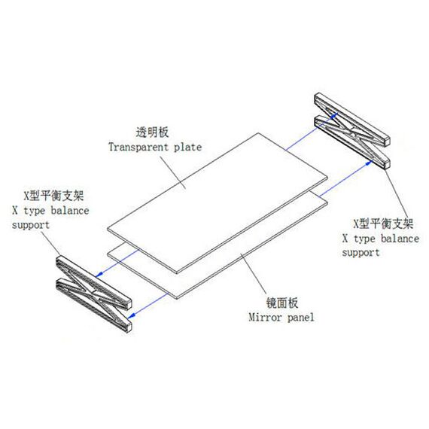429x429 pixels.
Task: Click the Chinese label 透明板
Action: tap(152, 132)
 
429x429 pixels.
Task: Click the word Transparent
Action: tap(138, 147)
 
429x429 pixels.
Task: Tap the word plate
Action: tap(187, 147)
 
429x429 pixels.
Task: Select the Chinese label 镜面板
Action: tap(282, 303)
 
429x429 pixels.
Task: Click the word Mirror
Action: tap(265, 318)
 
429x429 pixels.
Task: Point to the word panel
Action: tap(300, 318)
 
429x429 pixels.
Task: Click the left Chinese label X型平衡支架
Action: tap(53, 196)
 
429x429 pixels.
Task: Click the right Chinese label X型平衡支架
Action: tap(383, 224)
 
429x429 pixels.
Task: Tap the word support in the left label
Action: tap(31, 226)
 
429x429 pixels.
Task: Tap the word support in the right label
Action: tap(361, 253)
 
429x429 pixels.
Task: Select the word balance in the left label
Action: tap(70, 211)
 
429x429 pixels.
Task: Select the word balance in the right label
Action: tap(400, 239)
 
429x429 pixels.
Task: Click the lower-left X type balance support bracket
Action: tap(94, 294)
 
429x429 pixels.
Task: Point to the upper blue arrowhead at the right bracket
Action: tap(333, 115)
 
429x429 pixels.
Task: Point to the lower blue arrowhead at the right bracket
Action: tap(369, 163)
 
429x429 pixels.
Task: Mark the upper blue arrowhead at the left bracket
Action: tap(99, 274)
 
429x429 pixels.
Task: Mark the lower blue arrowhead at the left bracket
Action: tap(132, 315)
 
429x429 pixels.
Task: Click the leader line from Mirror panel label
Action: tap(254, 274)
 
